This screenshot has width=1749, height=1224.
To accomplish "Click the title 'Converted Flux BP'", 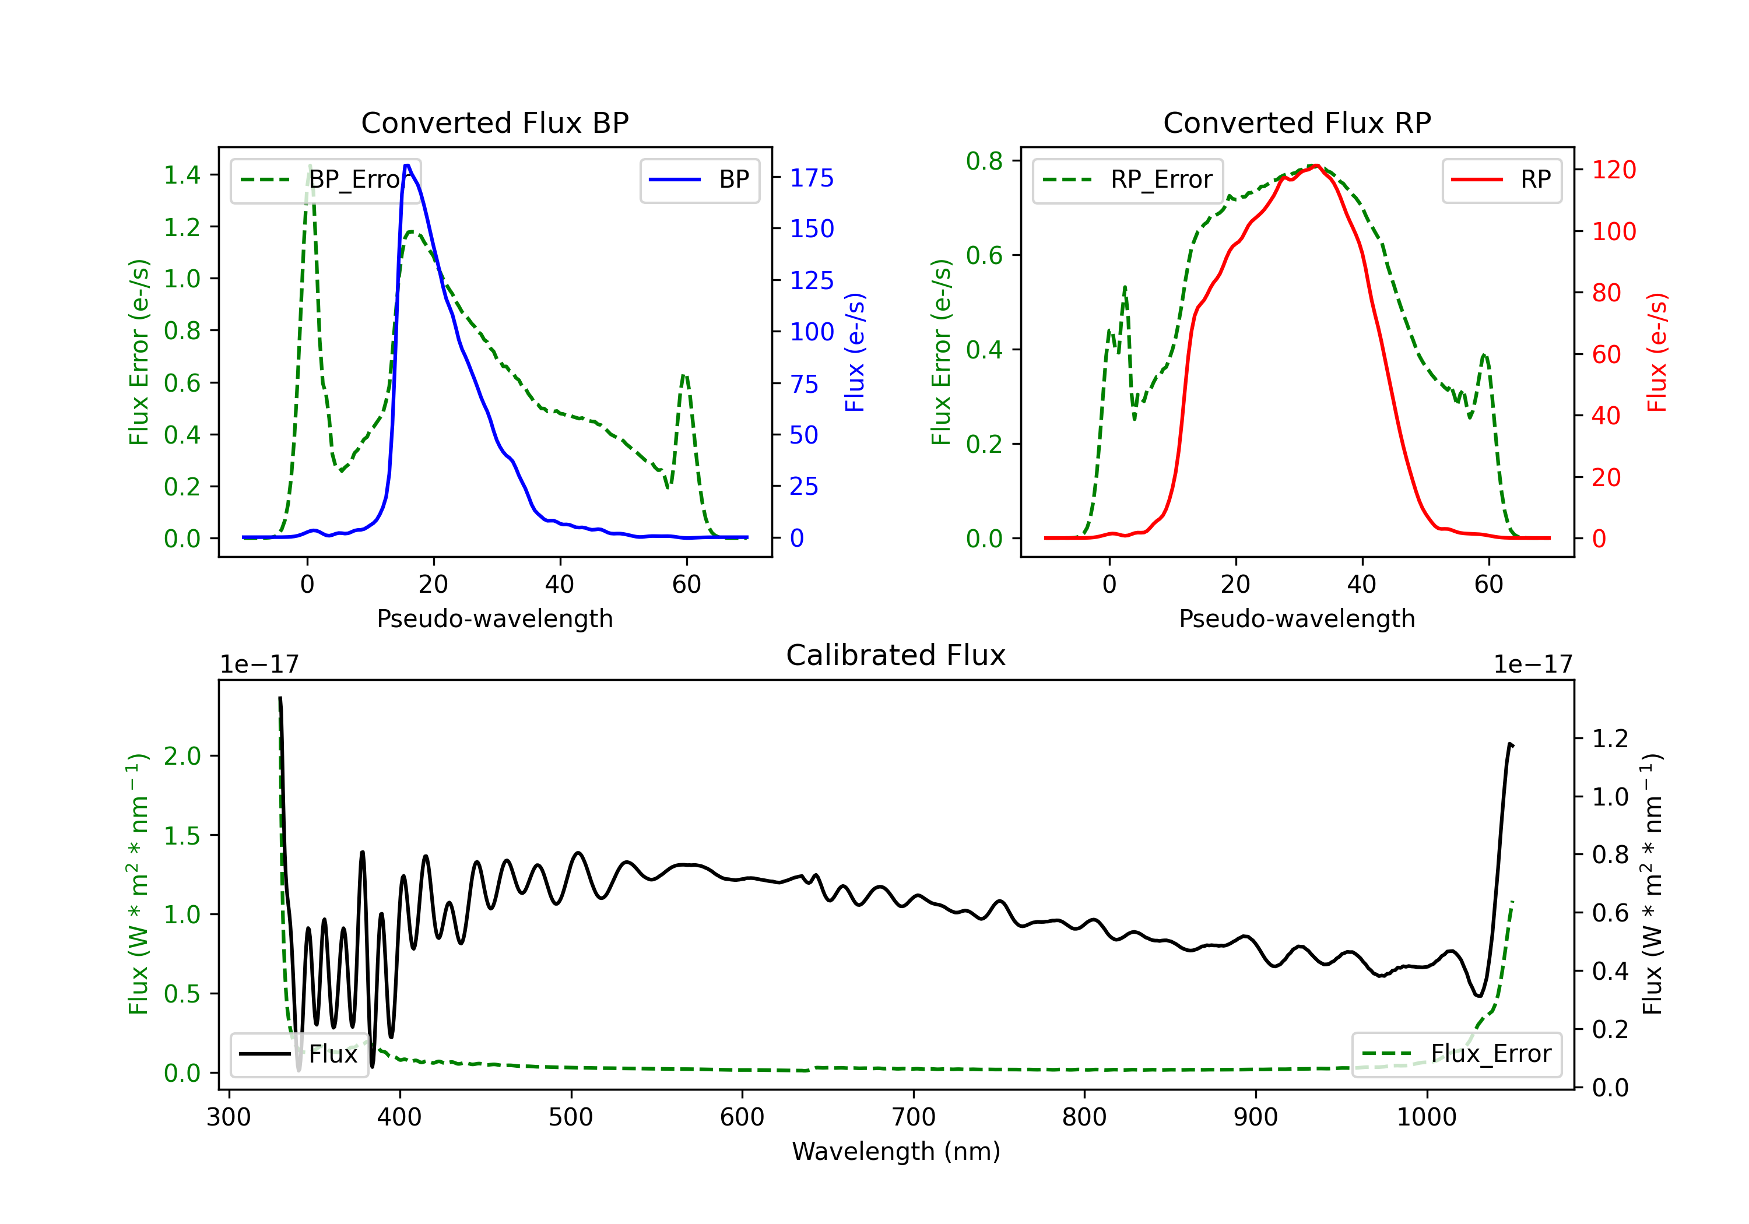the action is point(494,122).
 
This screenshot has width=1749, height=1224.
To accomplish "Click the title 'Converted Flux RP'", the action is point(1297,122).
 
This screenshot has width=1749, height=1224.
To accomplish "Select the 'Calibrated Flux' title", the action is point(896,655).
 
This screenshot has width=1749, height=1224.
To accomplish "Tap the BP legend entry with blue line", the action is point(699,180).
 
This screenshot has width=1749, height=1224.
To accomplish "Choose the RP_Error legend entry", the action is point(1128,180).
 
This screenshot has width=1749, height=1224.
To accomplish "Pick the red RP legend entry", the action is point(1501,180).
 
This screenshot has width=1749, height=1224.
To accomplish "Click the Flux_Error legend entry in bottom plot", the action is point(1456,1054).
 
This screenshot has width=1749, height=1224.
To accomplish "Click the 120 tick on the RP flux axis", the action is point(1613,169).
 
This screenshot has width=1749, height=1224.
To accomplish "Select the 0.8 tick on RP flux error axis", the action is point(984,161).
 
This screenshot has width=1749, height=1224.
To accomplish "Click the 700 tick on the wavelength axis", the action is point(914,1117).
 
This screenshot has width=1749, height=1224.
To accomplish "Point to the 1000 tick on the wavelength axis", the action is point(1427,1117).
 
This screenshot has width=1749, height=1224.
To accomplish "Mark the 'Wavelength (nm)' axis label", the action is point(896,1151).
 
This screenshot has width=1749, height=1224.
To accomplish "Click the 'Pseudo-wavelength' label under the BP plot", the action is point(494,618).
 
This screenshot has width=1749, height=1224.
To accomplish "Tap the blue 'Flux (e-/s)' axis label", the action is point(855,352).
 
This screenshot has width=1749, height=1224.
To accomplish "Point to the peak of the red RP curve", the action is point(1316,166).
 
